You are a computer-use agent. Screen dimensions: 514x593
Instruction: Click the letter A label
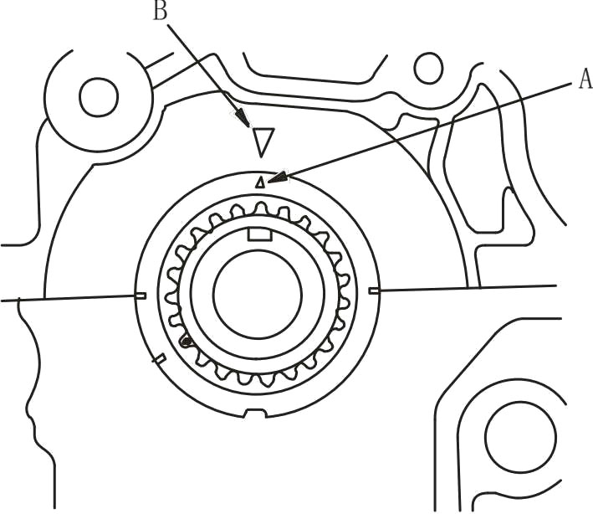584,79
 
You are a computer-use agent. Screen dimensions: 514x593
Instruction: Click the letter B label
160,11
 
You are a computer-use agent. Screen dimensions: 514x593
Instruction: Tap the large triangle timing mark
263,141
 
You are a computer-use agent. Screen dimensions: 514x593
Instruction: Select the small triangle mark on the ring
260,181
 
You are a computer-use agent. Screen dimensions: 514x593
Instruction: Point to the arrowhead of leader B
243,119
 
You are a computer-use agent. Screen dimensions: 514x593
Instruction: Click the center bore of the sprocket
257,298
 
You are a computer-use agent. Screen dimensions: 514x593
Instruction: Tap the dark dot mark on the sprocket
187,340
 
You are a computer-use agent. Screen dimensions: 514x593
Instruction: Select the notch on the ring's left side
141,295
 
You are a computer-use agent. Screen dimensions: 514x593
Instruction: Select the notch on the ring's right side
373,290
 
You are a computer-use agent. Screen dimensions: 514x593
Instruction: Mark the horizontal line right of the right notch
468,287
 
